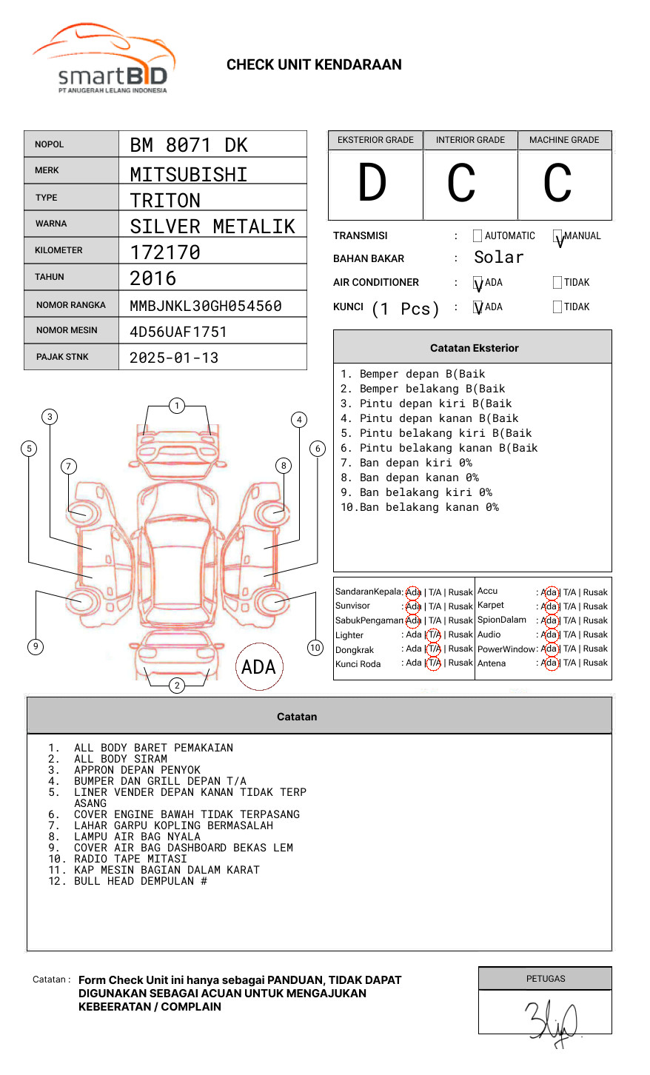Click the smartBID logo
[104, 59]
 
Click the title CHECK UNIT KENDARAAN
[314, 65]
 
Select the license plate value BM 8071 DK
[189, 145]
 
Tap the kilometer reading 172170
[165, 252]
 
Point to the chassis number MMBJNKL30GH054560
[206, 306]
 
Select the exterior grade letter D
[372, 183]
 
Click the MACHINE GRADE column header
[564, 140]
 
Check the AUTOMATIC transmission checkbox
[478, 236]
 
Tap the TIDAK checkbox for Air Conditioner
[557, 283]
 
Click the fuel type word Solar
[498, 258]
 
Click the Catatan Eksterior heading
[474, 348]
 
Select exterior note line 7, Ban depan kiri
[406, 463]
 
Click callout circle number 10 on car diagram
[315, 648]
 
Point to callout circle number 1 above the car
[176, 406]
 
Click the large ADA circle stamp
[258, 667]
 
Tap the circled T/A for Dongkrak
[434, 649]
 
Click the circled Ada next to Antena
[550, 663]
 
